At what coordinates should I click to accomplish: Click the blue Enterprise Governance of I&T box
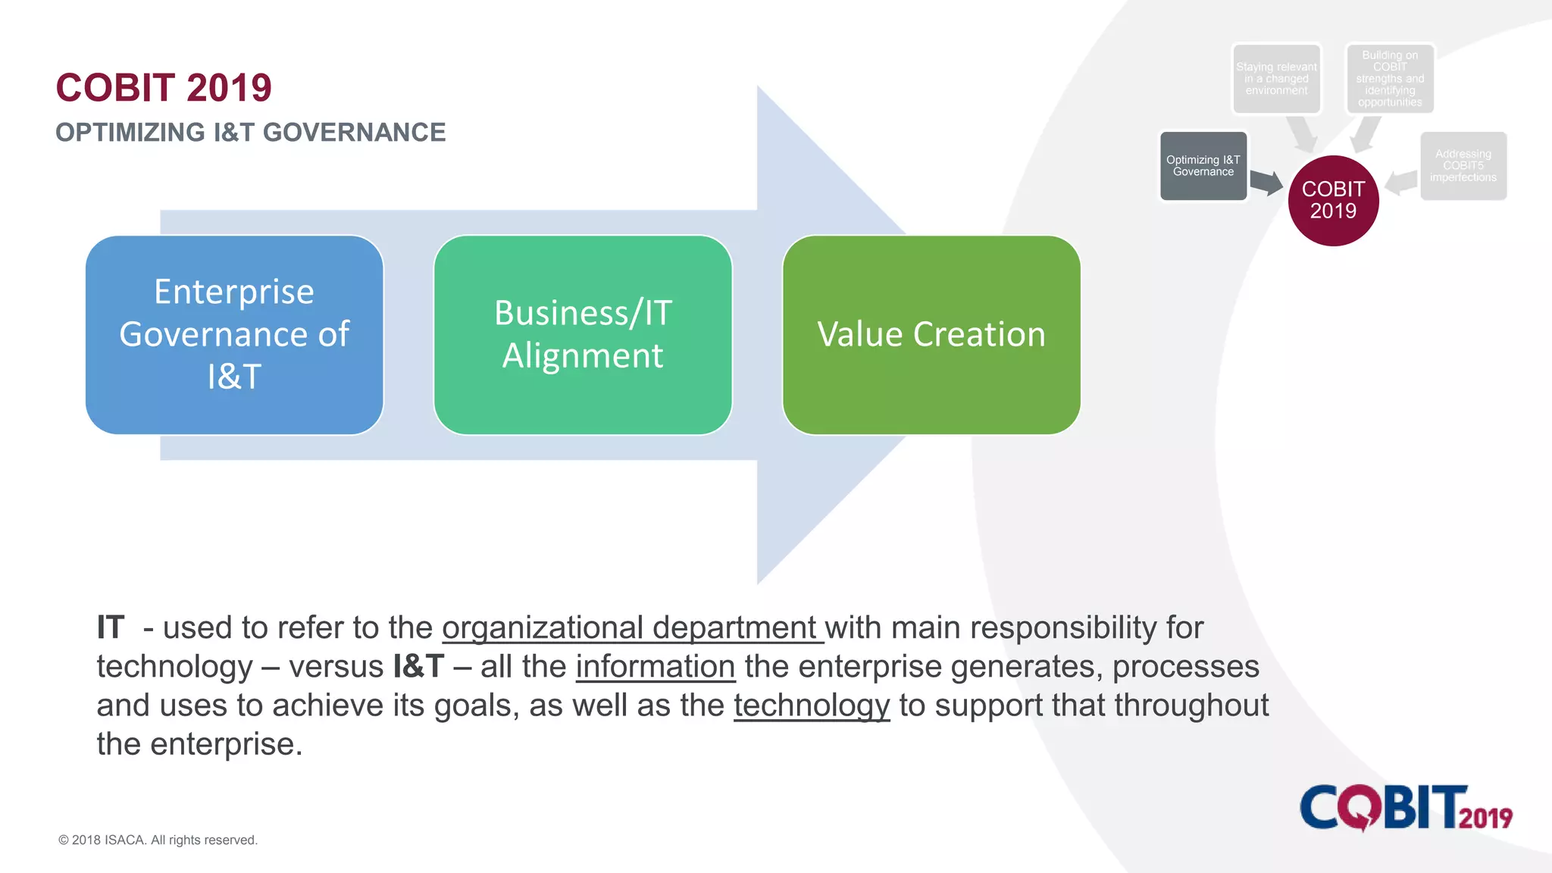tap(234, 334)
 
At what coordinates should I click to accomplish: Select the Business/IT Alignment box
tap(583, 334)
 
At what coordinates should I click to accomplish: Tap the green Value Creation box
tap(931, 334)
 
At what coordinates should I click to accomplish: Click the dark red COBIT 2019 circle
tap(1333, 200)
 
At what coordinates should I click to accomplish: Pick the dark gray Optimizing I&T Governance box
tap(1203, 166)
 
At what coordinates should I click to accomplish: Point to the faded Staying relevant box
tap(1276, 79)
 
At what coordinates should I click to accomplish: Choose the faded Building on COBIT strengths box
tap(1390, 79)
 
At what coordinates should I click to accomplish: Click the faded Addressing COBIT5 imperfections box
tap(1463, 166)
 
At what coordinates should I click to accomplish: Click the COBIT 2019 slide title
tap(164, 88)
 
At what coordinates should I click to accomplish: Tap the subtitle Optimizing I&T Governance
tap(250, 133)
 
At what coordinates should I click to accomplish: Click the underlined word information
tap(656, 667)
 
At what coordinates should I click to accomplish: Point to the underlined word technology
tap(812, 706)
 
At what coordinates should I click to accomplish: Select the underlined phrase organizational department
tap(631, 628)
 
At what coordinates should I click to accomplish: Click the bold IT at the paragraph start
tap(111, 628)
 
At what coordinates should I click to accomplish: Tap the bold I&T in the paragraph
tap(418, 667)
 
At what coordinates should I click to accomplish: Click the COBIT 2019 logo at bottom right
tap(1406, 808)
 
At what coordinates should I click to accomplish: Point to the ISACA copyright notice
tap(158, 840)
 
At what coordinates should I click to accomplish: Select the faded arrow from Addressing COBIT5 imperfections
tap(1401, 182)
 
